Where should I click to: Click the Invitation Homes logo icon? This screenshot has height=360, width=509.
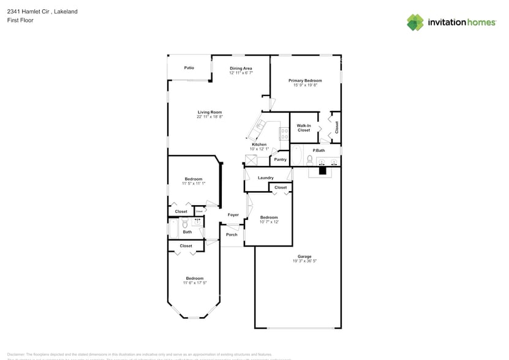coord(415,22)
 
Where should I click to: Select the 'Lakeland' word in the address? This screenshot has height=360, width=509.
coord(66,12)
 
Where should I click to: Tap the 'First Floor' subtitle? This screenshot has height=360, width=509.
coord(20,20)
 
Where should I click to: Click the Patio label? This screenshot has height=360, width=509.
coord(189,67)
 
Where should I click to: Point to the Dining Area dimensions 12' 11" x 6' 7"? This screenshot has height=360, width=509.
coord(241,73)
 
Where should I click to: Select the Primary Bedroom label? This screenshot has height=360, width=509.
coord(305,80)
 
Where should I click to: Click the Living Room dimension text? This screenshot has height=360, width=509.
coord(209,117)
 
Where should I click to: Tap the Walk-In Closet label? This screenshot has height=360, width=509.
coord(304,128)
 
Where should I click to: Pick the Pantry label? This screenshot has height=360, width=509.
coord(280,160)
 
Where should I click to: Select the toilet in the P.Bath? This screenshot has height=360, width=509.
coord(310,160)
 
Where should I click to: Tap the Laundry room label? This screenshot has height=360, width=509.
coord(265,178)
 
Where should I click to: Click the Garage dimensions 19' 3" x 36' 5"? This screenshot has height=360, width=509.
coord(304,261)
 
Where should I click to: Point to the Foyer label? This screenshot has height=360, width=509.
coord(233,215)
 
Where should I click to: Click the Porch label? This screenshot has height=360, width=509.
coord(232,234)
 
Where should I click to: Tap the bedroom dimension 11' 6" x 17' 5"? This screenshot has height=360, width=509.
coord(194,282)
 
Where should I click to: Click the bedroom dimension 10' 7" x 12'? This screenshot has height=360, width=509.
coord(269,222)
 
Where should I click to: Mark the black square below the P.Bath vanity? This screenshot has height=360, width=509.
coord(323,171)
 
